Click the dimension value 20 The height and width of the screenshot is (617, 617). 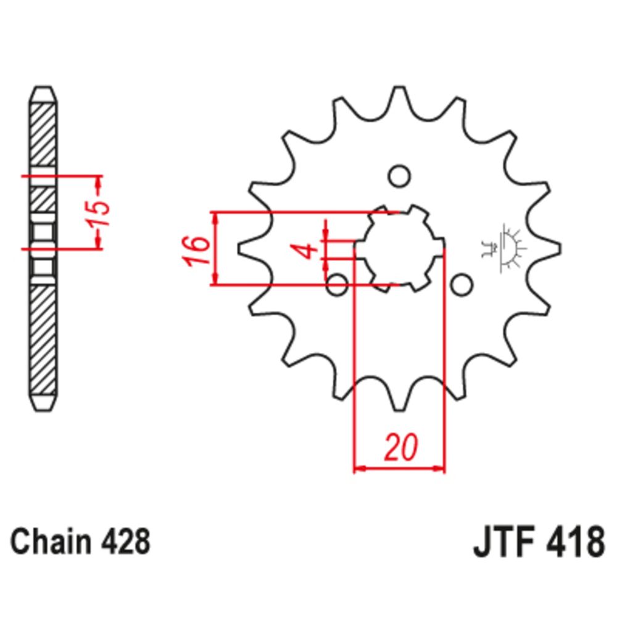coord(400,448)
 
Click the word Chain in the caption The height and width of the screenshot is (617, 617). coord(46,542)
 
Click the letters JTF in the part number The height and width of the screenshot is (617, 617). coord(500,544)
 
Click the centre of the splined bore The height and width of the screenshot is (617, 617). coord(399,248)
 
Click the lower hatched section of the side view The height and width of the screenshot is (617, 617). coord(43,339)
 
